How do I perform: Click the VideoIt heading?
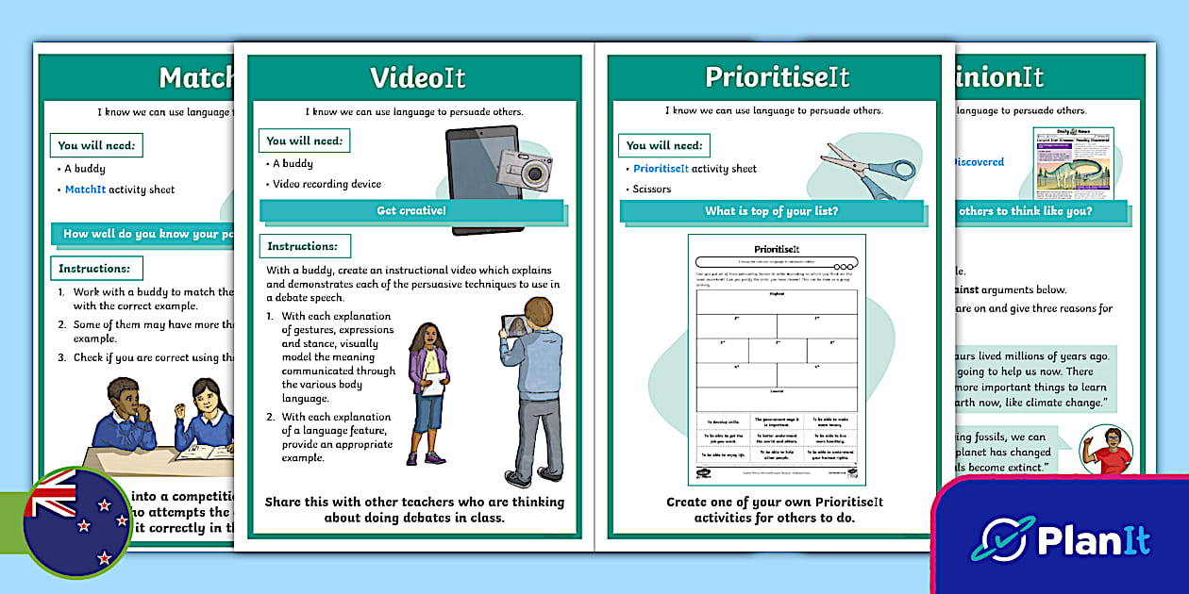417,77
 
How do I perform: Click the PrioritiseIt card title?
777,77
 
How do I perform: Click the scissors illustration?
868,170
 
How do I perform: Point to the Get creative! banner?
411,210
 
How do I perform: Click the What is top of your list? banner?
771,211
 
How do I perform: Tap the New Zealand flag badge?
76,521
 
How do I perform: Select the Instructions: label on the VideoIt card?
305,246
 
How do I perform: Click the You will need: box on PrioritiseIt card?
664,145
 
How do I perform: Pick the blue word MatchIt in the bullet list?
85,190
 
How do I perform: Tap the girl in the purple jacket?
427,389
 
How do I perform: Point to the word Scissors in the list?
652,190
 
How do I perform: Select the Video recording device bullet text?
327,184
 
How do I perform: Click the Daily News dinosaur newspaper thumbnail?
1073,163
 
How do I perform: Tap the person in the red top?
1105,450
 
